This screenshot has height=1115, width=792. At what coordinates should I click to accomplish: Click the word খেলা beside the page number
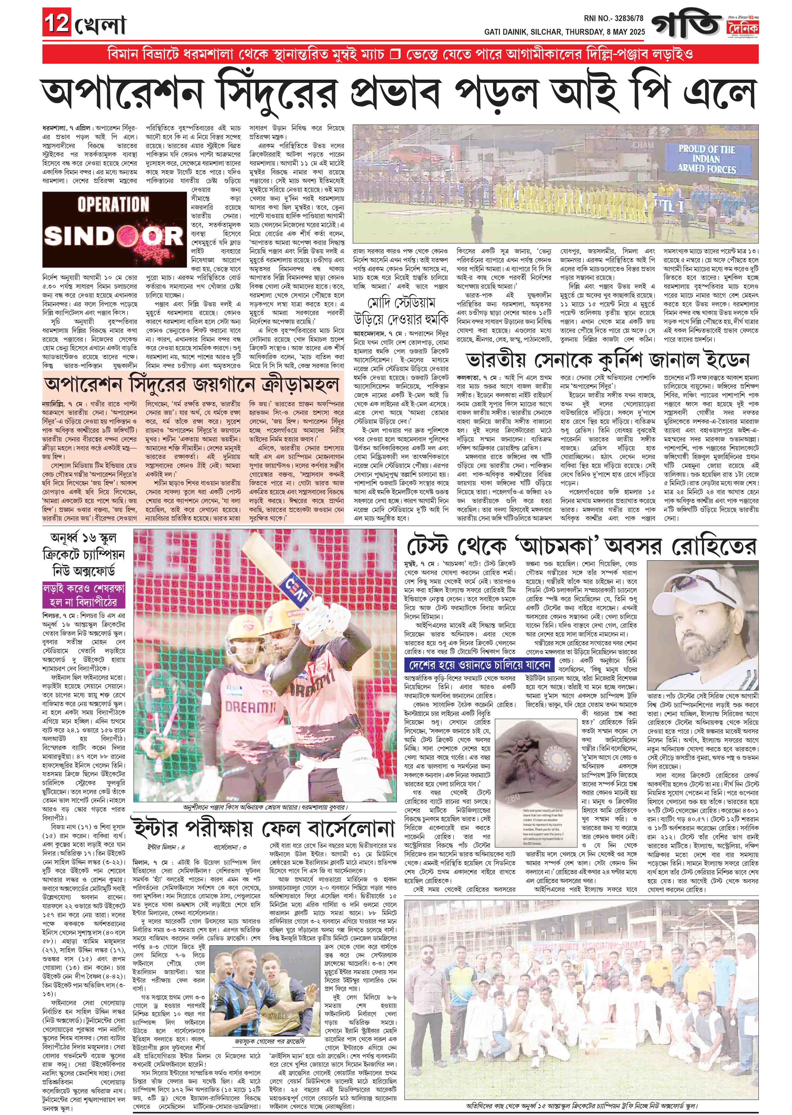tap(100, 24)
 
